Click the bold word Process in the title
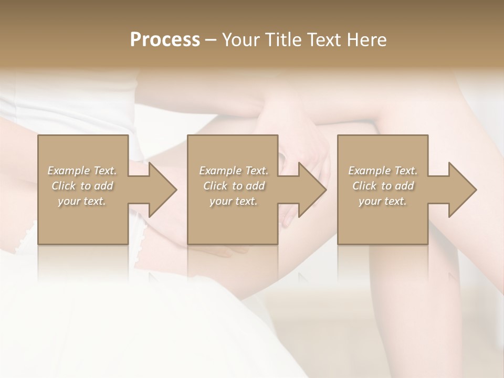(165, 40)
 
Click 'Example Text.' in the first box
(82, 171)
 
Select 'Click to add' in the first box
(82, 186)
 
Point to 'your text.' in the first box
(82, 201)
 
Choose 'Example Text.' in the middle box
(234, 171)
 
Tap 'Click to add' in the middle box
(234, 186)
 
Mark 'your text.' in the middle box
(234, 201)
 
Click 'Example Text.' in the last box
(383, 171)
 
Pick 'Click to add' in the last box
(383, 186)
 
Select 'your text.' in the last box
(383, 201)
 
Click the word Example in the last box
(369, 171)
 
